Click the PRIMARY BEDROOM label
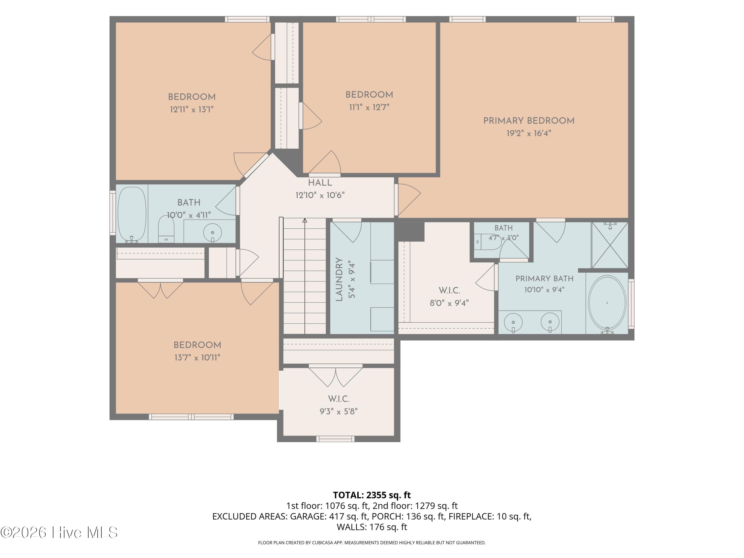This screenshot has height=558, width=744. coord(529,121)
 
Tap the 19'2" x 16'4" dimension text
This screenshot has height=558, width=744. coord(529,133)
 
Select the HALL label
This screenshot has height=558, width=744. coord(320,183)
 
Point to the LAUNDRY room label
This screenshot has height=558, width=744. coord(339,279)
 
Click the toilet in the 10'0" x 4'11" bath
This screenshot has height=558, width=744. coord(166,229)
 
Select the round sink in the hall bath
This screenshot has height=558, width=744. coord(212,232)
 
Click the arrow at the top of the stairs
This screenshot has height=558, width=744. coord(305,220)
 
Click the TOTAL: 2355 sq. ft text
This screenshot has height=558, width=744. coord(372,495)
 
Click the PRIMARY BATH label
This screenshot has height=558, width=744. coord(544,279)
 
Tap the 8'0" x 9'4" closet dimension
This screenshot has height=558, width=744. coord(449,303)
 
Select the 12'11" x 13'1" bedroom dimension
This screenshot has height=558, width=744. coord(192,109)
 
